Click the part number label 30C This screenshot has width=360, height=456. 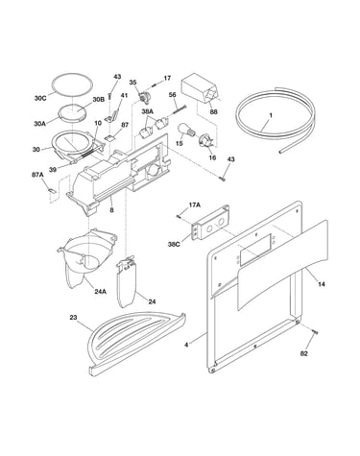(40, 99)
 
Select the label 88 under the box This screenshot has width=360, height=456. (213, 112)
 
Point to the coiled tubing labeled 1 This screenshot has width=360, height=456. (275, 119)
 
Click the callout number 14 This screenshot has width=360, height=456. (322, 284)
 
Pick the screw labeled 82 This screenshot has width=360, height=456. (316, 333)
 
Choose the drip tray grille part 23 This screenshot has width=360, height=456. (136, 343)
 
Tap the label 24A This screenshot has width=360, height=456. (100, 292)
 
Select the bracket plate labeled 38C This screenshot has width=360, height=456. (210, 223)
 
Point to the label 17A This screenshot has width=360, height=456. (195, 205)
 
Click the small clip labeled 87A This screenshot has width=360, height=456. (52, 190)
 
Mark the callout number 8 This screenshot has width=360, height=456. (111, 210)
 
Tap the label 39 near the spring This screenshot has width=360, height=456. (53, 170)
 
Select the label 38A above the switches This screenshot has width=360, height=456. (148, 111)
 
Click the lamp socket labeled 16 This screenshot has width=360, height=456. (204, 142)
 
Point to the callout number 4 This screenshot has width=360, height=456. (186, 345)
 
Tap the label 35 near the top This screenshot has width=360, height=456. (132, 83)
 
